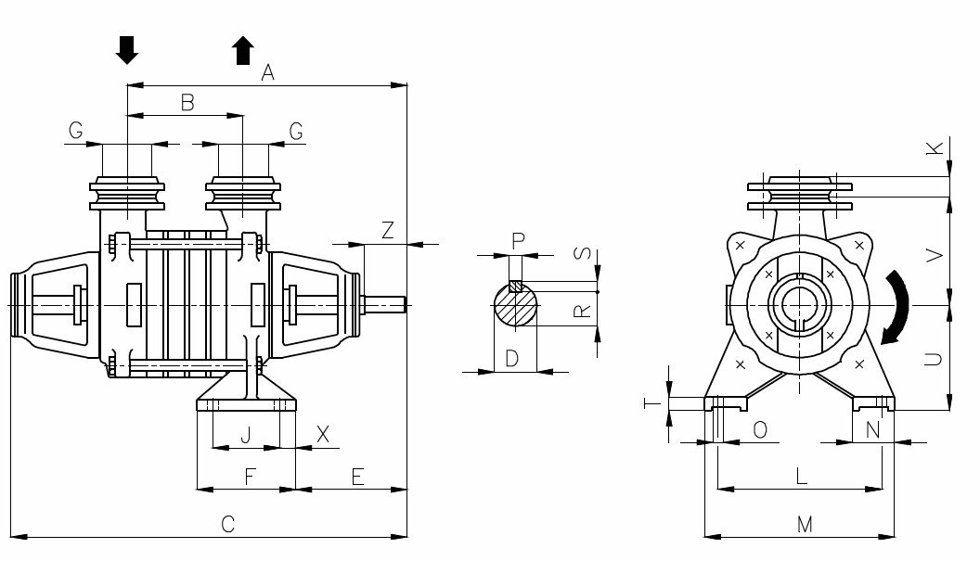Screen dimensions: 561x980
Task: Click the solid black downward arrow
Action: point(127,50)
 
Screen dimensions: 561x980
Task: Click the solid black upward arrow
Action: point(243,50)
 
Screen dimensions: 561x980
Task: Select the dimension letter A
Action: point(268,72)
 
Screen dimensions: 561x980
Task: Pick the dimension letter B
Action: point(187,103)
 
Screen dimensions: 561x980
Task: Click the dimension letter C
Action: point(227,524)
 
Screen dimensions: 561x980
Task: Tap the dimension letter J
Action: point(246,434)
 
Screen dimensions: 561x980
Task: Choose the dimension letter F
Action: point(250,477)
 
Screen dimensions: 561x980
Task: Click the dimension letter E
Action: point(357,477)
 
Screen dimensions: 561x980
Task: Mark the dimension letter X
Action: point(323,434)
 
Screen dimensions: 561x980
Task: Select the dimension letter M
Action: point(805,525)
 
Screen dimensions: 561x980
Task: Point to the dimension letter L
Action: point(802,477)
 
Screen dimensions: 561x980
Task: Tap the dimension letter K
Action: point(935,147)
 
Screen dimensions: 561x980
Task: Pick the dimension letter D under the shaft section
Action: point(512,359)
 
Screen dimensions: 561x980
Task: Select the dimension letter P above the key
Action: point(518,241)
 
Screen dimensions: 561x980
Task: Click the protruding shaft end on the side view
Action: point(385,303)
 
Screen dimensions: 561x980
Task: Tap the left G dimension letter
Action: point(75,132)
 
